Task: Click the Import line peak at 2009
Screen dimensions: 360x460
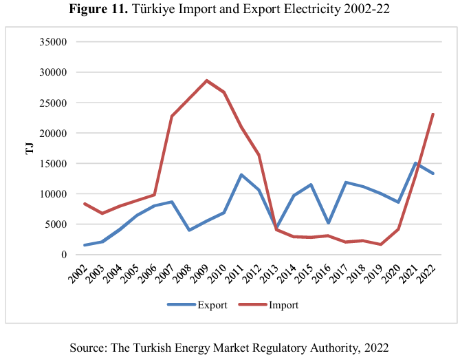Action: pyautogui.click(x=206, y=81)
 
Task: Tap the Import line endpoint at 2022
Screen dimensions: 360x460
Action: pyautogui.click(x=432, y=114)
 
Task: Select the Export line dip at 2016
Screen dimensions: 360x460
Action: pyautogui.click(x=328, y=223)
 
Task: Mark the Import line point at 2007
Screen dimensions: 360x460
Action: pyautogui.click(x=171, y=116)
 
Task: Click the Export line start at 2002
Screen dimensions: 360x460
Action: pyautogui.click(x=85, y=245)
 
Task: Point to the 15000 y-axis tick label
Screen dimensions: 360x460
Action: pyautogui.click(x=51, y=163)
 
